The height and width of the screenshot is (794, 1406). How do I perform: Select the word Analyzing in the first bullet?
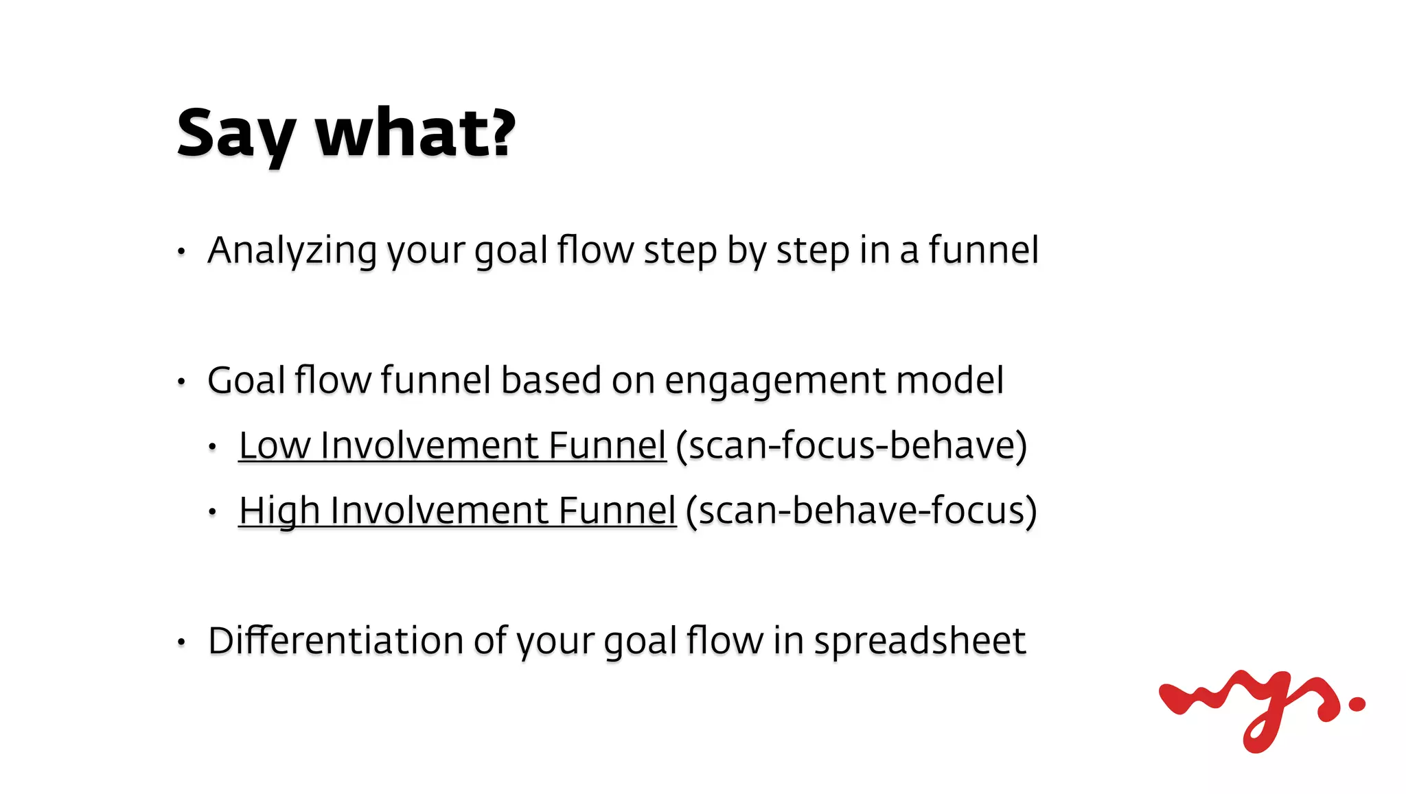(292, 250)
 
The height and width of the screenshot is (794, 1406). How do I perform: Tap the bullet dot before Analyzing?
(181, 251)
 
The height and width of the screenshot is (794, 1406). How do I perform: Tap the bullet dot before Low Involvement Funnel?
(213, 447)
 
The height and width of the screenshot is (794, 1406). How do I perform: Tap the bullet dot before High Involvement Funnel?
(213, 511)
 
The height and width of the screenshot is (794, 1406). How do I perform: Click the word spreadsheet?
(920, 641)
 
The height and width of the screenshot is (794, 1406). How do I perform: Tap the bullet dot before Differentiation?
(181, 642)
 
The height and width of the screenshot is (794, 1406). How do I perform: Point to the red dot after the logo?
(1357, 703)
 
